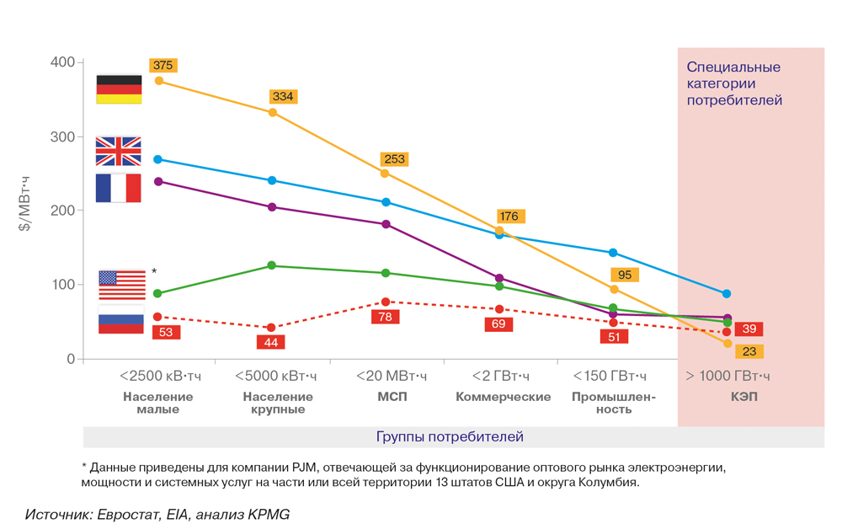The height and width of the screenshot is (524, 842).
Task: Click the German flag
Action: coord(119,89)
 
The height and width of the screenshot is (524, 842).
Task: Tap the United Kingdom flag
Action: coord(119,151)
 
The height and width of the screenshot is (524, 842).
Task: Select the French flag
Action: coord(119,188)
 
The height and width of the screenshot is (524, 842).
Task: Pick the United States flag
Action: coord(121,285)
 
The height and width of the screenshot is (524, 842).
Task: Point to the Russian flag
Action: coord(121,323)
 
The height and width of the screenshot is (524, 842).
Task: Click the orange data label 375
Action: coord(163,66)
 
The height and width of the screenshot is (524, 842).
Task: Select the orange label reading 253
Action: coord(393,159)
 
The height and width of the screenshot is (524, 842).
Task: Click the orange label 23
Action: coord(748,351)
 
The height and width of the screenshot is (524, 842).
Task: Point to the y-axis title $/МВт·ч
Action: coord(26,205)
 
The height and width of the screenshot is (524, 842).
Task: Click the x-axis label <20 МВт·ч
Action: coord(391,376)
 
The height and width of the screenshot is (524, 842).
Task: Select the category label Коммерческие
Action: coord(504,397)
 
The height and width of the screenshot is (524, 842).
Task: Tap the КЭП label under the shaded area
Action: coord(744,397)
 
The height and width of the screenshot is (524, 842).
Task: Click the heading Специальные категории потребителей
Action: coord(733,83)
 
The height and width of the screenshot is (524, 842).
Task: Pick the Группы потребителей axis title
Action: coord(450,436)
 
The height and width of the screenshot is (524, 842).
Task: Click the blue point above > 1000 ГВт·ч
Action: coord(727,294)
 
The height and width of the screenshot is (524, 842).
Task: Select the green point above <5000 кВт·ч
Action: coord(272,265)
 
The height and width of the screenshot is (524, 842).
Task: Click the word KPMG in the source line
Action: coord(269,513)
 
